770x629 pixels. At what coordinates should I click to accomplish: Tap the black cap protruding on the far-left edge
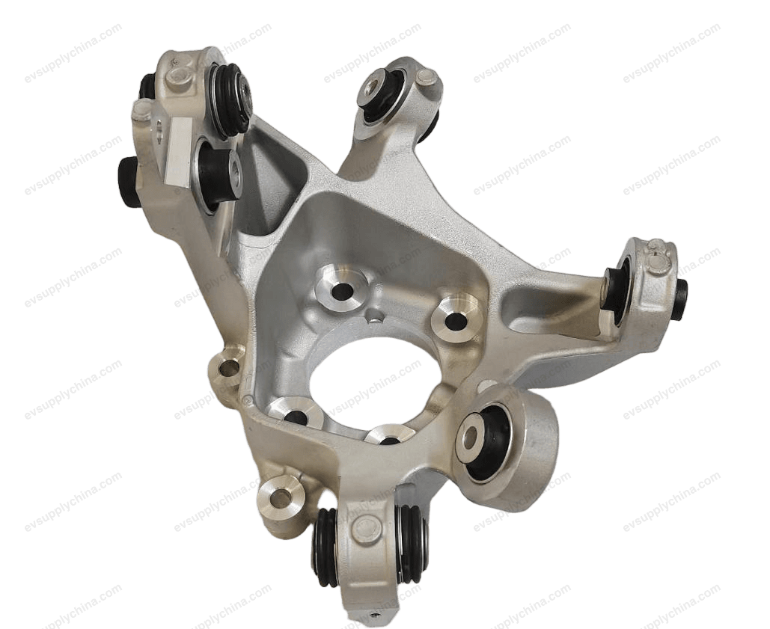click(x=126, y=182)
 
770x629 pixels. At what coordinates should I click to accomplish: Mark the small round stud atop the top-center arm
click(x=427, y=76)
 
